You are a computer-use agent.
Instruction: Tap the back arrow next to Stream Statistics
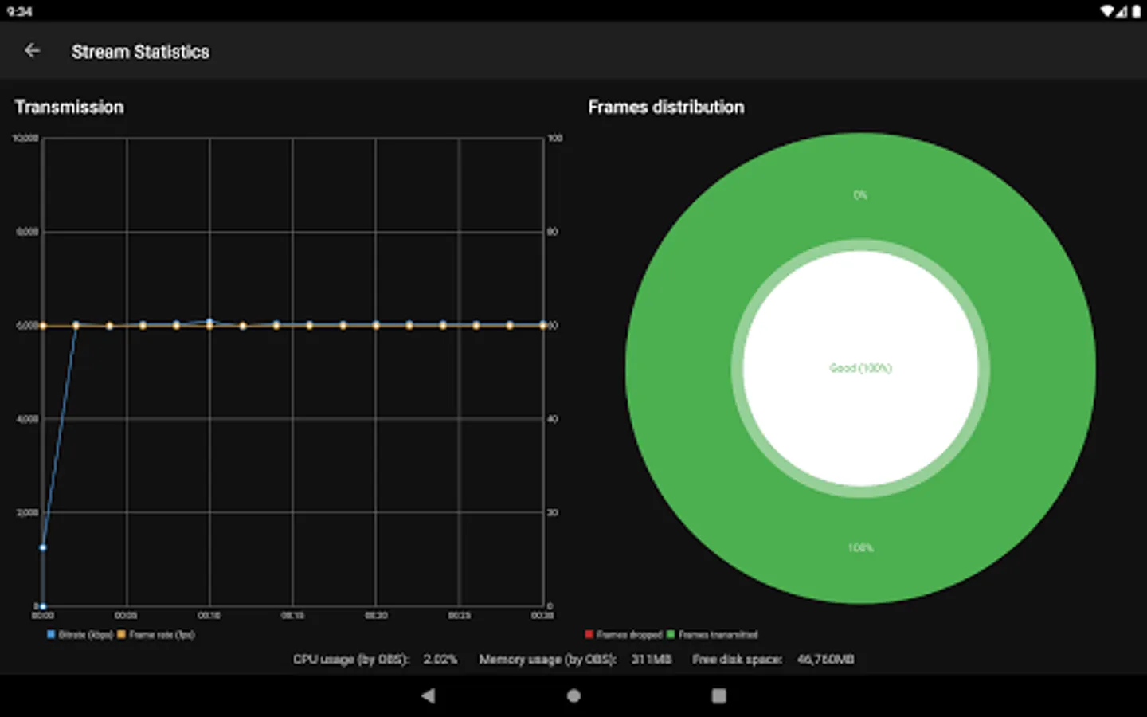pos(32,51)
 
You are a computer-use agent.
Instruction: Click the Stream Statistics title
pos(140,52)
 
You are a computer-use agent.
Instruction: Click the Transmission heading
pos(69,107)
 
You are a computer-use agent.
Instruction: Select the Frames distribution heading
pos(666,107)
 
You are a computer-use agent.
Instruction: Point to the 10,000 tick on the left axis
pos(25,139)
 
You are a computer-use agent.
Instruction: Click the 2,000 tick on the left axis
pos(27,512)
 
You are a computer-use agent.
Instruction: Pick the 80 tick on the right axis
pos(552,232)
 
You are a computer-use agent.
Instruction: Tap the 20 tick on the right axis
pos(552,512)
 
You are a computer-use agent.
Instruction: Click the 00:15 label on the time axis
pos(292,616)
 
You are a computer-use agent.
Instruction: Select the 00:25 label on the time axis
pos(459,616)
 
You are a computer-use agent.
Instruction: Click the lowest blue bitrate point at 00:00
pos(42,606)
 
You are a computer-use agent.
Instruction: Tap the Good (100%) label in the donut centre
pos(860,368)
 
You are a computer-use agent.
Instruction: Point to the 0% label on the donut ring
pos(860,195)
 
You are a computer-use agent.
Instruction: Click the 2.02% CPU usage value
pos(440,660)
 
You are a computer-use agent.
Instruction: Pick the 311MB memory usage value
pos(652,660)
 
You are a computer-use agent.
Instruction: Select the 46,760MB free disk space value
pos(825,660)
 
